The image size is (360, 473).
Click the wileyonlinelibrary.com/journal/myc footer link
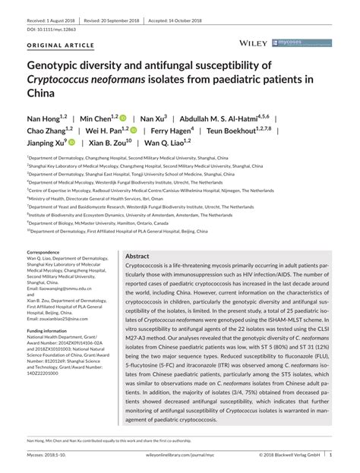pos(179,456)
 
